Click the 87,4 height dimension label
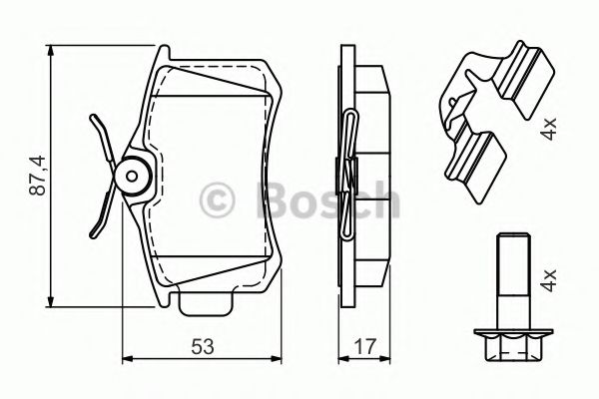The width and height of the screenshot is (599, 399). coord(38,176)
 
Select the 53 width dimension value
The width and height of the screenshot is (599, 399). coord(203,346)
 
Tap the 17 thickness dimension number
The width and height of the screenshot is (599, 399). coord(365,346)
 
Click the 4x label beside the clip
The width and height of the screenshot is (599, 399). coord(549,129)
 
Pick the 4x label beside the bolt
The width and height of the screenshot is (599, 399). coord(549,280)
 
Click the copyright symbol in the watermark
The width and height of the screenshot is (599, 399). coord(217,200)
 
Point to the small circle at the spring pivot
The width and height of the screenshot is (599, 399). coord(132,176)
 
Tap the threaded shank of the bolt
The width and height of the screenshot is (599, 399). coord(513,280)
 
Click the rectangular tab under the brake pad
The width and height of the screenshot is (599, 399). coord(206,303)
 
